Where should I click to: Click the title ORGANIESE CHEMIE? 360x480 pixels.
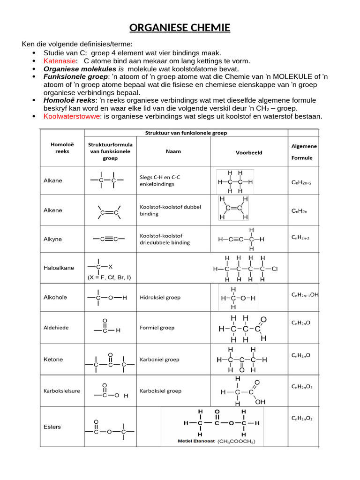180,28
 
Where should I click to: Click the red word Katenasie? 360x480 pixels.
60,61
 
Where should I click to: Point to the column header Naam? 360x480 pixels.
173,152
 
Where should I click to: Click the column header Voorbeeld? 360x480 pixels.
249,152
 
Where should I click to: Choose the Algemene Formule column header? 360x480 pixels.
304,152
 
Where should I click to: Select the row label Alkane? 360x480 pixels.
52,180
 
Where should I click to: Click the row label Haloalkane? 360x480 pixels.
59,268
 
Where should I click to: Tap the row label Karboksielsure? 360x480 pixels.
60,390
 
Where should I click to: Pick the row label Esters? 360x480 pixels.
52,427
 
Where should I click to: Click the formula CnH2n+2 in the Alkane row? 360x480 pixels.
301,182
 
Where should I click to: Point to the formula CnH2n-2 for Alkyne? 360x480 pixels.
300,238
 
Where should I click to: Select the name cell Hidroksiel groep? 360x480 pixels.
160,297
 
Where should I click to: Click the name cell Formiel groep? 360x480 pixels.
157,328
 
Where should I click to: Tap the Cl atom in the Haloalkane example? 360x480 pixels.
275,269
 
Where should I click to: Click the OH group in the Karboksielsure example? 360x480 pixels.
260,402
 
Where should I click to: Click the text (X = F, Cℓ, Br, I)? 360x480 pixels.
109,277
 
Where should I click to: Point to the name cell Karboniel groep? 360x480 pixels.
159,360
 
